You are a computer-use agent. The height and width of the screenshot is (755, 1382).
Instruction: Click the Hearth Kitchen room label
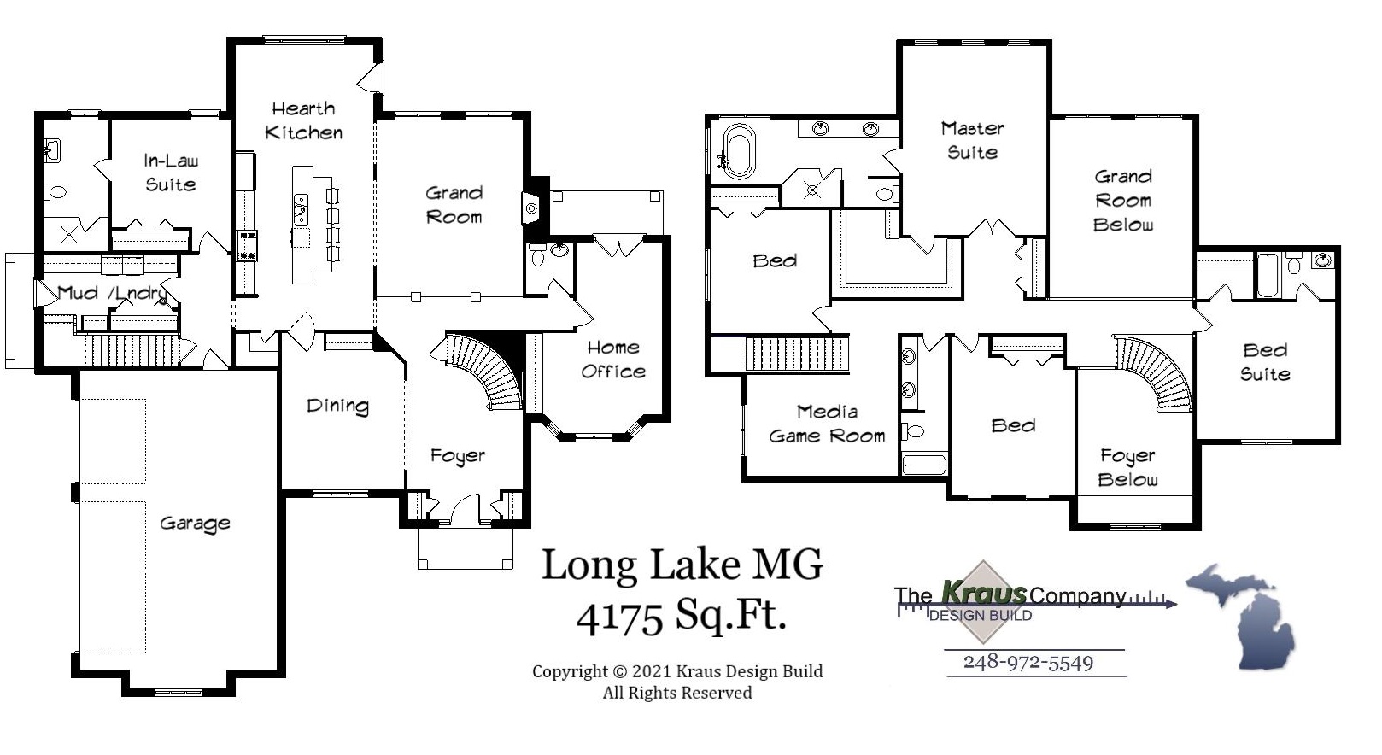click(303, 120)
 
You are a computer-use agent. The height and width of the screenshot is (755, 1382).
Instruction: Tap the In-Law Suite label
click(170, 173)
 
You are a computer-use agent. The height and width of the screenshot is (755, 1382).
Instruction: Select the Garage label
click(195, 524)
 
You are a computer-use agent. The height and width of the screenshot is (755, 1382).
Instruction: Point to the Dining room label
click(337, 407)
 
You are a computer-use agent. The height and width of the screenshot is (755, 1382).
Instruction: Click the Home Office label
click(612, 360)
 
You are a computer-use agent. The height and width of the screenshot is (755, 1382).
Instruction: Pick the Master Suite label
click(972, 140)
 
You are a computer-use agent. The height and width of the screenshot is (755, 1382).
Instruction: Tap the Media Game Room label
click(827, 424)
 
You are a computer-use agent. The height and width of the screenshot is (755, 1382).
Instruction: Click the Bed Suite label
click(1265, 362)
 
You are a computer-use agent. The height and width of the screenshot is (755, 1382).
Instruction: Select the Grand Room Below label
click(1122, 201)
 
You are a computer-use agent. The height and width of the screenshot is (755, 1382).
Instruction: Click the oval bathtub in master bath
click(738, 151)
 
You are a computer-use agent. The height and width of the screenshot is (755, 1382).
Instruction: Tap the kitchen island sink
click(301, 205)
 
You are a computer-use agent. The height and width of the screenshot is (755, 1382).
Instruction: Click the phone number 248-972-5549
click(1028, 663)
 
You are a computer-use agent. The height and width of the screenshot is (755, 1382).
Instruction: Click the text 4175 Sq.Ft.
click(681, 615)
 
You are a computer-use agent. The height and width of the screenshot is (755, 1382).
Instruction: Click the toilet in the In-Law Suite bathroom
click(56, 191)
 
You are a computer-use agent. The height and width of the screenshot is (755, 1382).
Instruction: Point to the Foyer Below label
click(1127, 467)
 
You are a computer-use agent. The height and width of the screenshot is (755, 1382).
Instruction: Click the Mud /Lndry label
click(111, 294)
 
